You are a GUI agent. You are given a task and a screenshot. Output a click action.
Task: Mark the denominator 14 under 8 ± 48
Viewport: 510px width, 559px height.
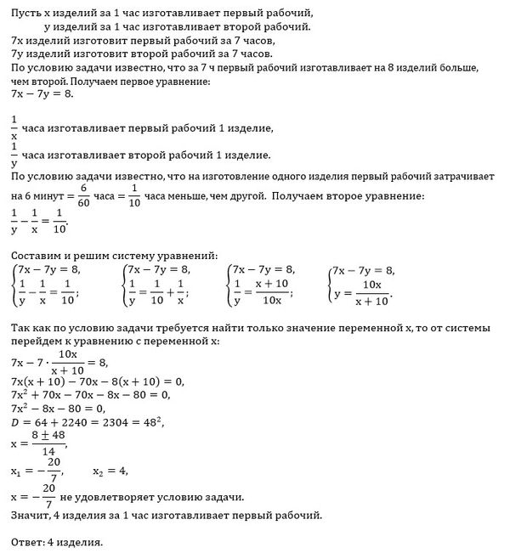tap(48, 449)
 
